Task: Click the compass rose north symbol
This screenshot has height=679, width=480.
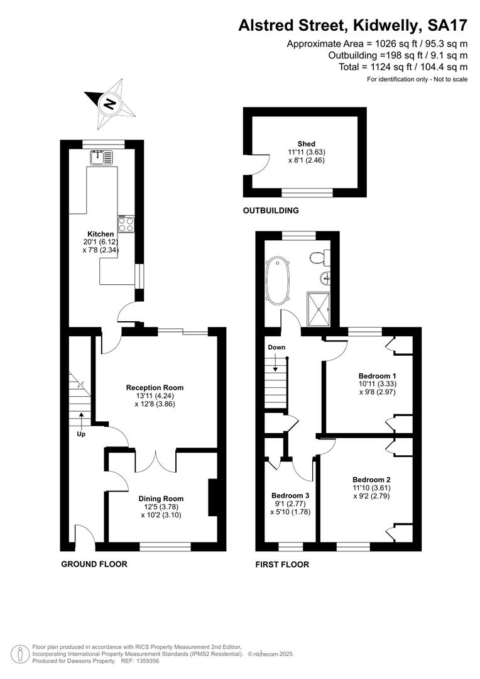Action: click(x=111, y=104)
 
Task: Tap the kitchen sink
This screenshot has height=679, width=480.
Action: click(x=101, y=157)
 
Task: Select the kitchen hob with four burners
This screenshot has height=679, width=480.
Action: click(x=126, y=224)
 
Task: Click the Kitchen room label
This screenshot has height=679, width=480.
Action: click(x=101, y=234)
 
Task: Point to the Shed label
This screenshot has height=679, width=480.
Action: click(x=307, y=144)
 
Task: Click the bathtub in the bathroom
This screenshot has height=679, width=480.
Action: click(x=275, y=280)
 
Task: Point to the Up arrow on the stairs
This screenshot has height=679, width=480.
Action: click(x=81, y=420)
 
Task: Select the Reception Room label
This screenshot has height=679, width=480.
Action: click(x=155, y=387)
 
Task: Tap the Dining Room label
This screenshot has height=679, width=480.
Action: click(x=161, y=499)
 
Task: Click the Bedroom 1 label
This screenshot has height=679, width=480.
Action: click(x=377, y=376)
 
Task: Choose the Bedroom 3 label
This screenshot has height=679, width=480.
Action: click(x=290, y=495)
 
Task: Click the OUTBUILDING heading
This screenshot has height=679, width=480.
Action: click(x=271, y=211)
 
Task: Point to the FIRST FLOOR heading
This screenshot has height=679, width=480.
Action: click(x=282, y=564)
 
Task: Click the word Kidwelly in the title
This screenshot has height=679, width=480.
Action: click(x=386, y=26)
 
